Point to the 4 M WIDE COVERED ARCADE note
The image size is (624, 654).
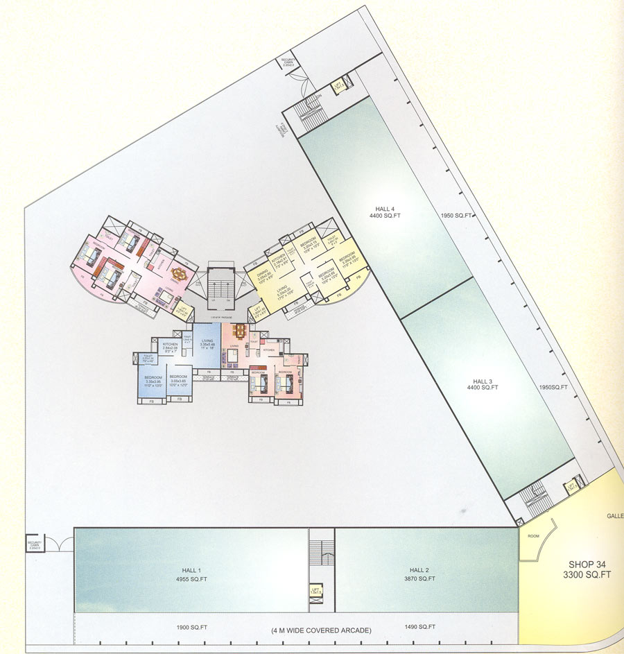point(321,630)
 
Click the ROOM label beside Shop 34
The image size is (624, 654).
point(533,536)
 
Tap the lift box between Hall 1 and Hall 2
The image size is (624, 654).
point(316,591)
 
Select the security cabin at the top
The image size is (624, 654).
point(288,62)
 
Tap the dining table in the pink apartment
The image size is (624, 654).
point(180,273)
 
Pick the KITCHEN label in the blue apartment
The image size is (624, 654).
point(171,344)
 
